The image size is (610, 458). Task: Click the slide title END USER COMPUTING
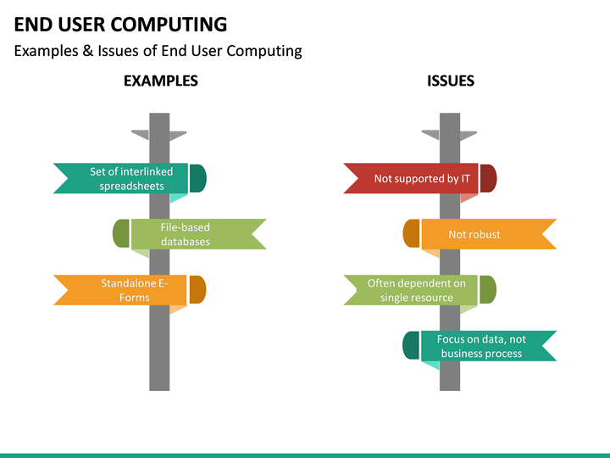point(120,24)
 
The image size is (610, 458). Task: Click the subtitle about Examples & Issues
point(158,51)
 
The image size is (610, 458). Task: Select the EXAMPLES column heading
point(160,81)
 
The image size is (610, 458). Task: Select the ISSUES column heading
point(450,81)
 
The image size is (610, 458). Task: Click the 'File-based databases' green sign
point(191,234)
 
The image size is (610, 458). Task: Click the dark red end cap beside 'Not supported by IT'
point(488,178)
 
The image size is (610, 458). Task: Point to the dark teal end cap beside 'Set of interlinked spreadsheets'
point(198,178)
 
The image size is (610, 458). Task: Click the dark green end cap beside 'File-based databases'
point(120,234)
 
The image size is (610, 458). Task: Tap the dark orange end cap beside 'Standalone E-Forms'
point(197,290)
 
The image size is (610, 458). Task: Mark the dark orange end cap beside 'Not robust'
point(411,234)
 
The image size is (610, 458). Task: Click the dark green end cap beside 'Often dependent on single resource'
point(488,290)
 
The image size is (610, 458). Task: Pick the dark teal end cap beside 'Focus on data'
point(411,346)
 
